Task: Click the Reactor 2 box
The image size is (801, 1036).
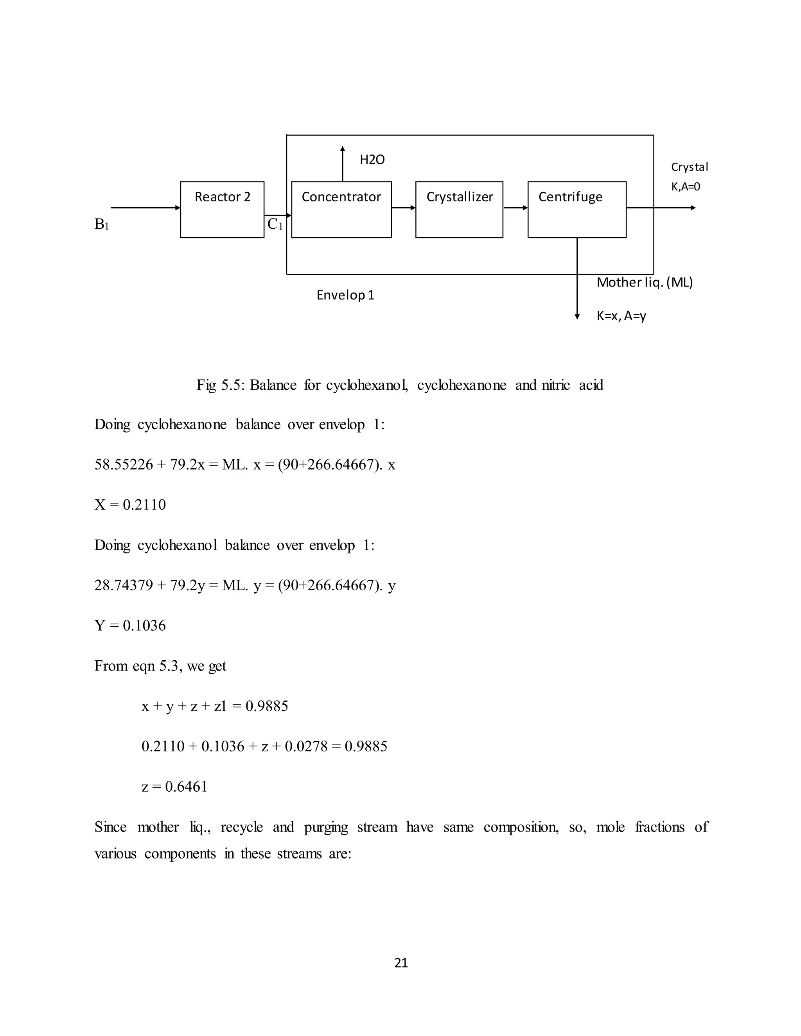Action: (222, 209)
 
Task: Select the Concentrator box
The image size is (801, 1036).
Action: (341, 209)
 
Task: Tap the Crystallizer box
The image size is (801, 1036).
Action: (459, 209)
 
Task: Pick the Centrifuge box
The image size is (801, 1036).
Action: (577, 209)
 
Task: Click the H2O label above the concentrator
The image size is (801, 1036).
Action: (372, 160)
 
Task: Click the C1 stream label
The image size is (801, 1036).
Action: (275, 224)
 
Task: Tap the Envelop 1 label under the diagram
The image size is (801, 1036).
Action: (345, 295)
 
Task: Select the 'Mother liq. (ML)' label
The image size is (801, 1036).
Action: (645, 282)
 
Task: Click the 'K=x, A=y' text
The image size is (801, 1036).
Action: (621, 315)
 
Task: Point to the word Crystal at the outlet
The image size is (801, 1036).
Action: (690, 167)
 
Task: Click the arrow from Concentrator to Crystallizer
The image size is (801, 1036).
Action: (403, 208)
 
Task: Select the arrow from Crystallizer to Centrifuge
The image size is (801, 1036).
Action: (515, 208)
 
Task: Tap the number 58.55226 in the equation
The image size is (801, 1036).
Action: (123, 464)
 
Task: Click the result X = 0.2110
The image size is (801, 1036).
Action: (130, 505)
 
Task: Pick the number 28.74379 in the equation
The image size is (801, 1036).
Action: (123, 585)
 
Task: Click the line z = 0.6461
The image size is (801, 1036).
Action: (174, 787)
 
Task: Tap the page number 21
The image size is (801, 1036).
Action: (401, 963)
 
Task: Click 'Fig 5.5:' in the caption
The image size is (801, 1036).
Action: (221, 385)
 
